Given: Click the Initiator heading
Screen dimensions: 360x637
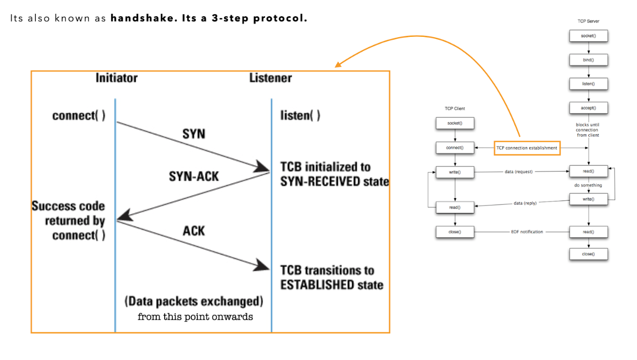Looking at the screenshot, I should coord(117,78).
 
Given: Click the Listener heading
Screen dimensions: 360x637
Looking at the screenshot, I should coord(270,78).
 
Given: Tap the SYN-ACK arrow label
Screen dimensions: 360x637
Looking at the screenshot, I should coord(194,176).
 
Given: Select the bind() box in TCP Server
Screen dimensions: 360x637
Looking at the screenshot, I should coord(588,60).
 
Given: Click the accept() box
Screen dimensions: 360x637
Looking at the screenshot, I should coord(588,108).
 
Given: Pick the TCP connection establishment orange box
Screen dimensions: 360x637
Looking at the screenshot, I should coord(527,148).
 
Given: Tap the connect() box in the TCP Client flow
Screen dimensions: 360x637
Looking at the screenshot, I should coord(455,148).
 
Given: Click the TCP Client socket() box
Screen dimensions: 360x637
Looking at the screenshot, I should coord(455,123).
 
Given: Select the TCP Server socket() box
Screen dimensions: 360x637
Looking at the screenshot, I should coord(588,36).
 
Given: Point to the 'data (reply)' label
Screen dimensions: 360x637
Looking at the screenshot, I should coord(525,203).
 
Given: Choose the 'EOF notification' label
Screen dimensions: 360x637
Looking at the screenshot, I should coord(527,232).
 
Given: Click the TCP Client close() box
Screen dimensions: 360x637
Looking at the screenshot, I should coord(455,232).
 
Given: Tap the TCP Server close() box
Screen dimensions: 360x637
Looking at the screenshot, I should coord(588,254).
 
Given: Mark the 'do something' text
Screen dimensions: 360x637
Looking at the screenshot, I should coord(588,185).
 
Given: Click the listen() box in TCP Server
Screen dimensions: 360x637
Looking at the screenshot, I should coord(588,84).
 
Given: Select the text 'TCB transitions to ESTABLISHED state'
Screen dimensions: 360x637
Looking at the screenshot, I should coord(331,277).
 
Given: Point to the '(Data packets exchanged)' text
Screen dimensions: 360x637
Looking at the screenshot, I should coord(194,302).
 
